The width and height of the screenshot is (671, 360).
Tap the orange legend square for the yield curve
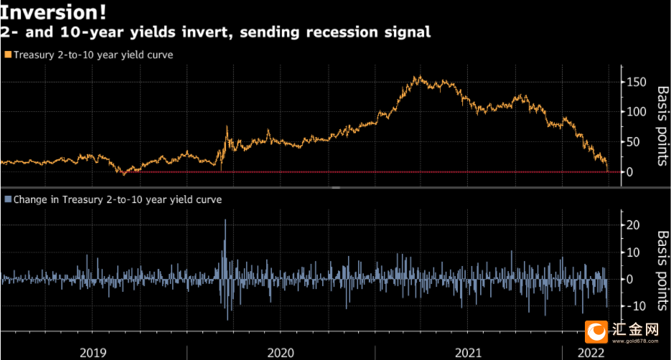pos(8,54)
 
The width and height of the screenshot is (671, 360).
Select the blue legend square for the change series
pos(8,199)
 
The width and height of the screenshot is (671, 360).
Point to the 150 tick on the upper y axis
pos(634,82)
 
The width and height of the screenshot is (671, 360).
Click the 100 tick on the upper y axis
pos(634,112)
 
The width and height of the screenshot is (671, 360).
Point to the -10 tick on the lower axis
pos(636,306)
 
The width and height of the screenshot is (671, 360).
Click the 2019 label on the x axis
pos(93,352)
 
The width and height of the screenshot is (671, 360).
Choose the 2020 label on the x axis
pos(281,352)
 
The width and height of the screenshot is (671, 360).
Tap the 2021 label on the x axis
pos(468,352)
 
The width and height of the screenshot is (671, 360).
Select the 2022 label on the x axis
pos(592,352)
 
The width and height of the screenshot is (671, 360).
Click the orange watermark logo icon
pos(595,331)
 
